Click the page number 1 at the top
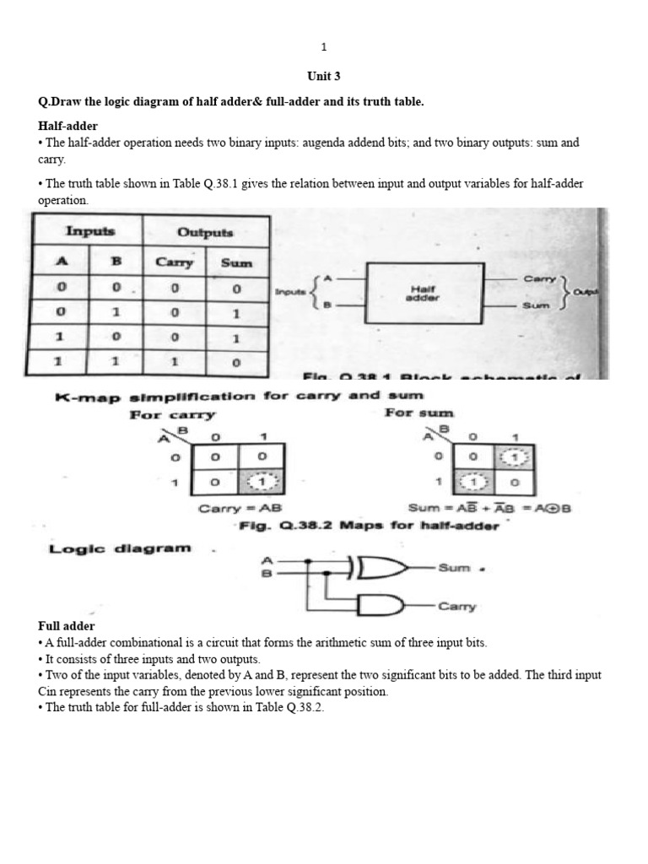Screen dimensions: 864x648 pos(324,47)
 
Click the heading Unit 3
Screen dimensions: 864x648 pos(324,76)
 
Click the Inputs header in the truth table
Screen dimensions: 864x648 pos(89,231)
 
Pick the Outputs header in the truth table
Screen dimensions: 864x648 pos(205,231)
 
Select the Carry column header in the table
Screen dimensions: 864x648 pos(175,262)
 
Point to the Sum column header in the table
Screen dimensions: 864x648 pos(237,262)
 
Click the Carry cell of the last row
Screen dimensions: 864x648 pos(175,363)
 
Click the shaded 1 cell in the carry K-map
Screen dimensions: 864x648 pos(262,482)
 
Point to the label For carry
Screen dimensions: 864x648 pos(172,414)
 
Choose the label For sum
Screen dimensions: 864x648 pos(419,413)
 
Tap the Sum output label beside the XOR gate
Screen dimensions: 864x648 pos(454,568)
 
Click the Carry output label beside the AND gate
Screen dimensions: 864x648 pos(456,606)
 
